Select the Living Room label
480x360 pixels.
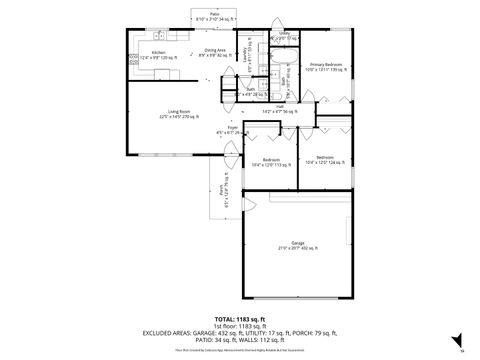click(179, 113)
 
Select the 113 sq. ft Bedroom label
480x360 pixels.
click(270, 161)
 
